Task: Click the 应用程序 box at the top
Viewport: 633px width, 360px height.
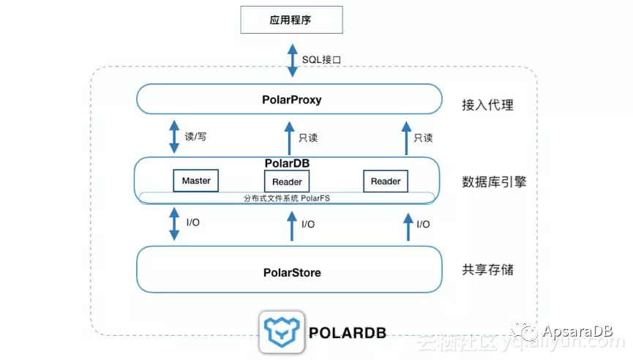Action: pyautogui.click(x=291, y=20)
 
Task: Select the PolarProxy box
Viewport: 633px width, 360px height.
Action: pyautogui.click(x=288, y=99)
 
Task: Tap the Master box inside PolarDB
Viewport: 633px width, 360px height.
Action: pyautogui.click(x=196, y=180)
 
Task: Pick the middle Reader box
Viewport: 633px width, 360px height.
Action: pyautogui.click(x=287, y=181)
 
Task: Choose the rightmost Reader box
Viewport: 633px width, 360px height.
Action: pyautogui.click(x=386, y=181)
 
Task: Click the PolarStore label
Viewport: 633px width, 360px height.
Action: pyautogui.click(x=291, y=273)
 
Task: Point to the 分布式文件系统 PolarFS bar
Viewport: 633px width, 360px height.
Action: pyautogui.click(x=287, y=198)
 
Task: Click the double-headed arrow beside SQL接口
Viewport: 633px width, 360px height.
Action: pyautogui.click(x=292, y=59)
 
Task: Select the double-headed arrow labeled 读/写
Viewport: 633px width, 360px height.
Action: pyautogui.click(x=174, y=137)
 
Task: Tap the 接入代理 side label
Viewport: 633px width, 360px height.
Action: pyautogui.click(x=488, y=105)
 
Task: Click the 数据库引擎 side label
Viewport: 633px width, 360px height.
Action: pyautogui.click(x=494, y=181)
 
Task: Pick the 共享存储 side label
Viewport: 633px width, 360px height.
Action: pyautogui.click(x=488, y=270)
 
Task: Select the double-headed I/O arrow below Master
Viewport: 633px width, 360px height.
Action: pyautogui.click(x=174, y=224)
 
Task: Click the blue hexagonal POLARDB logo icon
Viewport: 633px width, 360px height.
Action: pyautogui.click(x=282, y=333)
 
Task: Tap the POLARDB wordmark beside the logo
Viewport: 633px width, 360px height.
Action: pyautogui.click(x=348, y=334)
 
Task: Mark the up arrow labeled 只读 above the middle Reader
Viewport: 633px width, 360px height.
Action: pyautogui.click(x=288, y=138)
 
